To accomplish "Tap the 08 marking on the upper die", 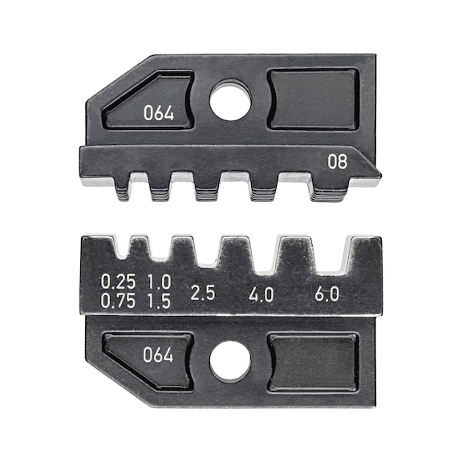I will (x=337, y=162).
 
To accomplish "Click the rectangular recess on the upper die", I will (x=311, y=98).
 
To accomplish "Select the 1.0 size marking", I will (x=159, y=282).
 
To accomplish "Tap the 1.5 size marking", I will (x=159, y=301).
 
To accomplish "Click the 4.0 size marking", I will (x=261, y=294).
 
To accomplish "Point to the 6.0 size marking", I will (x=325, y=294).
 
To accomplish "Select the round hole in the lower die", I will (x=230, y=361).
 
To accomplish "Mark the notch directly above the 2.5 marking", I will (x=206, y=249).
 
